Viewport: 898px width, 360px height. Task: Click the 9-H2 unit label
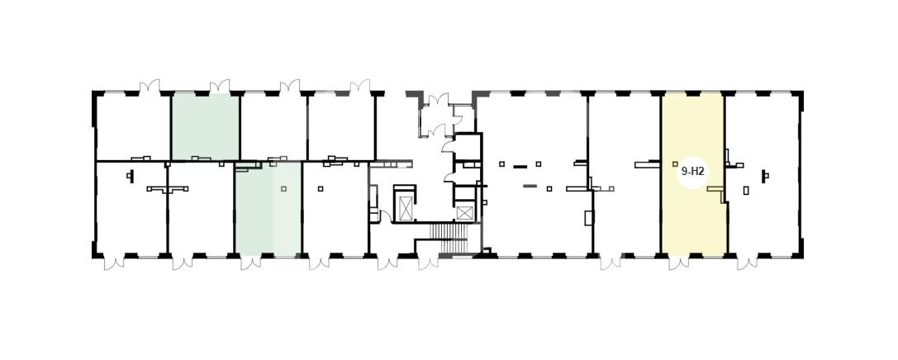(692, 171)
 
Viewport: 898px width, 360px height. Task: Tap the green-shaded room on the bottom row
(268, 209)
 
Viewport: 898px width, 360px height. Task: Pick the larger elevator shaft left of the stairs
(406, 207)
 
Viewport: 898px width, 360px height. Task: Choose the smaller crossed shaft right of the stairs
(465, 213)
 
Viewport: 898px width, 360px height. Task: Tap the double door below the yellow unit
(679, 262)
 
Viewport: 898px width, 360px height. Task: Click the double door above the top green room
(220, 87)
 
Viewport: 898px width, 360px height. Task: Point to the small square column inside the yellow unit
(675, 164)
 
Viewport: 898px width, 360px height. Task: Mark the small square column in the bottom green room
(283, 189)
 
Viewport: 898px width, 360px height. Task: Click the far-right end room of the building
(763, 174)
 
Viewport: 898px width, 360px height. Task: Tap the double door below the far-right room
(748, 262)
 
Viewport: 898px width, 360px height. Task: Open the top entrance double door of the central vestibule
(439, 100)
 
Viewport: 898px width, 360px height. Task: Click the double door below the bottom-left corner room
(114, 262)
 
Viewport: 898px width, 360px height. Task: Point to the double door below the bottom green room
(251, 262)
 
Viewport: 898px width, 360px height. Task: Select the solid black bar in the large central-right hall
(520, 167)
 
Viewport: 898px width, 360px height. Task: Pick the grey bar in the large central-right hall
(530, 186)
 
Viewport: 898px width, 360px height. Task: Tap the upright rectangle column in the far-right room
(746, 191)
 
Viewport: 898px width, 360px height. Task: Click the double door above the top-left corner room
(150, 87)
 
